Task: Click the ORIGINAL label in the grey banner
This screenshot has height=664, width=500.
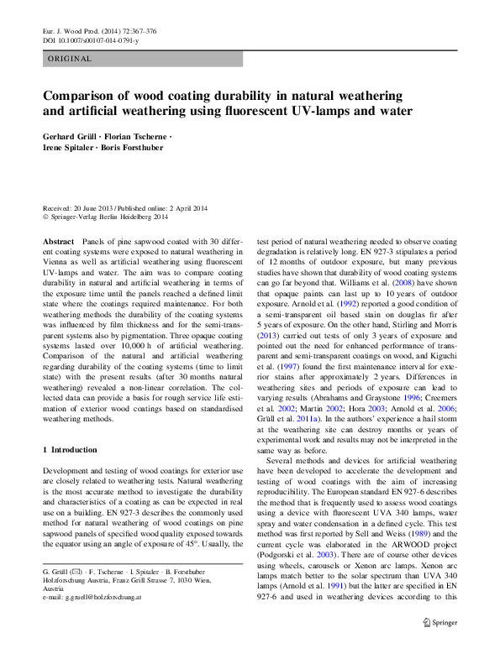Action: click(x=70, y=59)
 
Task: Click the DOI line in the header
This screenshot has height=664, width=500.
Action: click(x=90, y=40)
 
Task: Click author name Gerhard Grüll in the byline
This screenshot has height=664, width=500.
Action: click(x=72, y=136)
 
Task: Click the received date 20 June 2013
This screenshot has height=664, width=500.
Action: click(x=92, y=209)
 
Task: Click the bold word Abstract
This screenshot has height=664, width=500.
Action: click(x=60, y=241)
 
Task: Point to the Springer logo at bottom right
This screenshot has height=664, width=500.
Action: click(x=439, y=646)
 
